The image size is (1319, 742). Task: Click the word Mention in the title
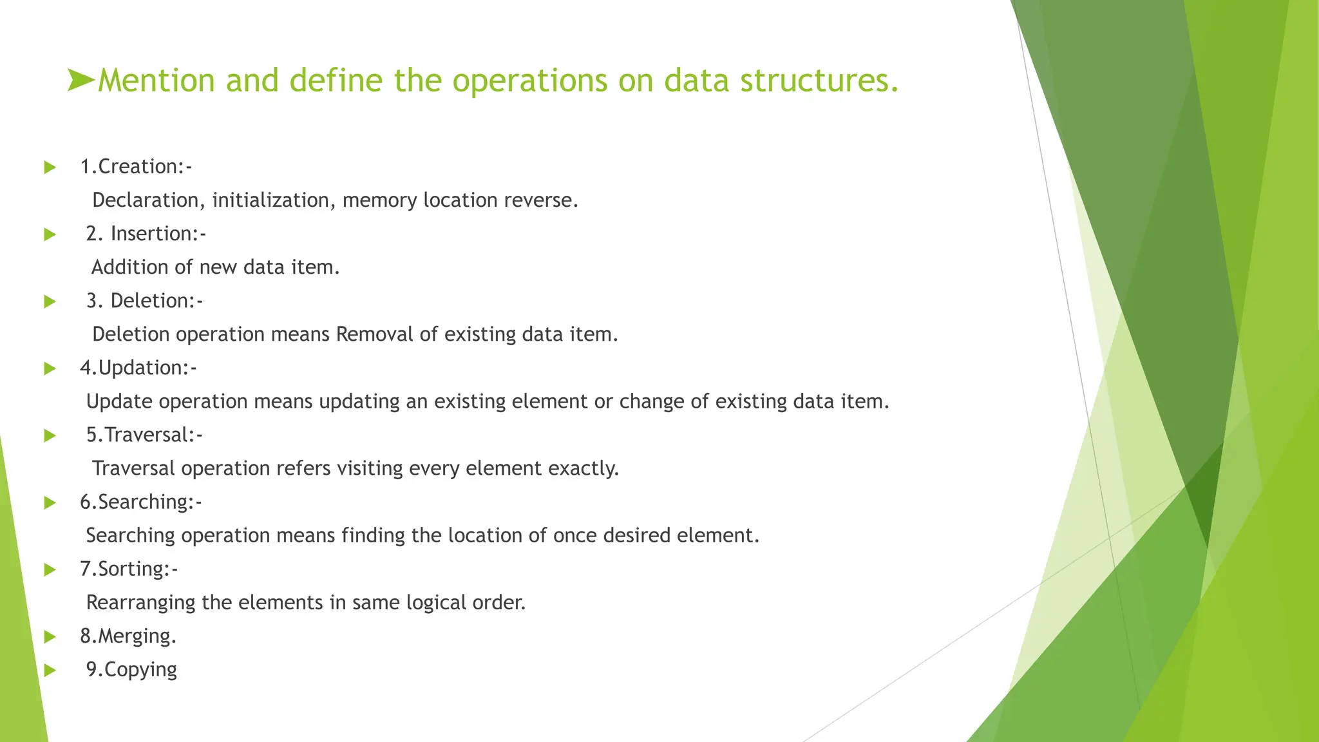[x=156, y=81]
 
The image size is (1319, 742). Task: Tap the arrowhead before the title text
[x=81, y=81]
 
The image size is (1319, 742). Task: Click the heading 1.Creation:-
[x=136, y=167]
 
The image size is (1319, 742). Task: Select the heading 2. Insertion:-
[x=146, y=234]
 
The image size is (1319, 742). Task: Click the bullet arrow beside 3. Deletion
[x=50, y=301]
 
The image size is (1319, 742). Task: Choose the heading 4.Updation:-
[x=138, y=368]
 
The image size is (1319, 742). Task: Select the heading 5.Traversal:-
[x=144, y=435]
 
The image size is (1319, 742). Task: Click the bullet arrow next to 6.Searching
[x=50, y=503]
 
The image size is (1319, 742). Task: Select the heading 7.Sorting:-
[x=129, y=569]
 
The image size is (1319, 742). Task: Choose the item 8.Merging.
[x=128, y=636]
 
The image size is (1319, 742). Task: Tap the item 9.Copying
[x=131, y=670]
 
